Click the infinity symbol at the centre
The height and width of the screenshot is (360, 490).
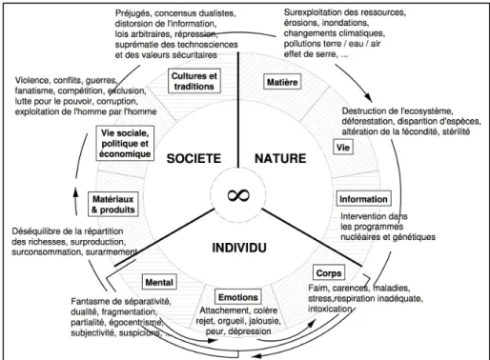pos(238,195)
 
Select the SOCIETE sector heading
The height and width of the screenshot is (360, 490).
pos(194,158)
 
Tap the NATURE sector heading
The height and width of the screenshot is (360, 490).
pos(280,158)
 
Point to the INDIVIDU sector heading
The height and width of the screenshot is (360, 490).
pos(239,248)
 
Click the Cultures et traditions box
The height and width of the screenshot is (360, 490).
pos(194,81)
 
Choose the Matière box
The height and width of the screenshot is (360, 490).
pos(282,82)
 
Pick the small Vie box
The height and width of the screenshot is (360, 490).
pos(343,148)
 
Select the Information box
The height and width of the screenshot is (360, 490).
pos(363,199)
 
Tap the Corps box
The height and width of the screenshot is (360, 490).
pos(329,273)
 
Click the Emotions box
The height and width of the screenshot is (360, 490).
pos(238,297)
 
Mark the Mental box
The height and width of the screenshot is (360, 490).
pos(159,282)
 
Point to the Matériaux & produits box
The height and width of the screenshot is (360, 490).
pos(113,204)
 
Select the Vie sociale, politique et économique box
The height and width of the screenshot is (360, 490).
pos(125,143)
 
